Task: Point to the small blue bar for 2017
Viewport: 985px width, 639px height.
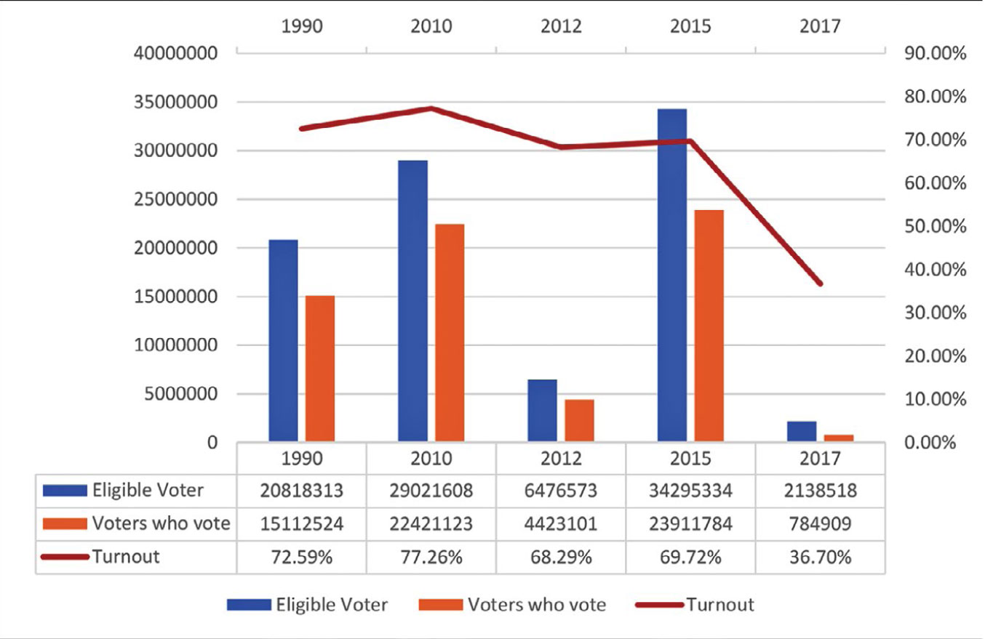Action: click(x=802, y=431)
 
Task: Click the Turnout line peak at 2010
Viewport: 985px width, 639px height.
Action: click(x=431, y=108)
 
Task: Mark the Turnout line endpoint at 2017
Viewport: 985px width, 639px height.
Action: click(x=820, y=284)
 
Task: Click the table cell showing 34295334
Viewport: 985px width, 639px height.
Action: click(x=690, y=491)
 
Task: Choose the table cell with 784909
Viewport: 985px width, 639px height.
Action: click(x=820, y=523)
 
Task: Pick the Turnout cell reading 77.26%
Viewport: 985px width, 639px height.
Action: click(x=431, y=557)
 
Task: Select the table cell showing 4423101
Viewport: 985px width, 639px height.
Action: click(x=561, y=523)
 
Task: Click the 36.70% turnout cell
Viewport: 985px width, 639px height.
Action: click(x=820, y=557)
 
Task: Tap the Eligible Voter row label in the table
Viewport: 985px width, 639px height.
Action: click(x=148, y=491)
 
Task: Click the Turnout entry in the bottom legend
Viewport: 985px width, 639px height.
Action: click(x=720, y=605)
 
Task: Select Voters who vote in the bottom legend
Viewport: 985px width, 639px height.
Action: click(x=536, y=605)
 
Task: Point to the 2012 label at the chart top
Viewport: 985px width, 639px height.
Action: click(x=561, y=26)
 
